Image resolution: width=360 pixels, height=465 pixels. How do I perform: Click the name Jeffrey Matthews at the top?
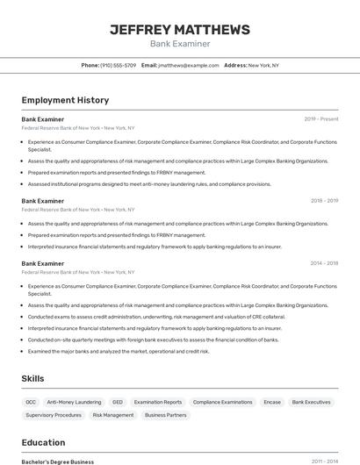coord(180,30)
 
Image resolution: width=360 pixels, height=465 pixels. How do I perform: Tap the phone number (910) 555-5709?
coord(119,65)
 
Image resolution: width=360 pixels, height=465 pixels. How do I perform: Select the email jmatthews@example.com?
coord(188,65)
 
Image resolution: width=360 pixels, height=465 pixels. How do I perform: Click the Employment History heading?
coord(65,100)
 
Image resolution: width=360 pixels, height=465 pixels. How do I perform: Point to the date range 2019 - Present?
coord(321,118)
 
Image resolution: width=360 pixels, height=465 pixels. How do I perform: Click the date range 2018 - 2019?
coord(324,201)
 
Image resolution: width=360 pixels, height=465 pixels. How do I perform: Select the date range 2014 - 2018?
coord(324,263)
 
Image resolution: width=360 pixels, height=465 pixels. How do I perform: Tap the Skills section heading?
coord(33,378)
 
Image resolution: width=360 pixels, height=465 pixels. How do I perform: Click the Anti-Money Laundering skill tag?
coord(74,402)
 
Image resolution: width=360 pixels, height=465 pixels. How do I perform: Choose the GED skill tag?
coord(118,402)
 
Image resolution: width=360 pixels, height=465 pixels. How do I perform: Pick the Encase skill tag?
coord(272,402)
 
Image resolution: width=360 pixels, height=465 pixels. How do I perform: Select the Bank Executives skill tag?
coord(312,402)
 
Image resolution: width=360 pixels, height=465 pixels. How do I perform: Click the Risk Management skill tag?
coord(113,415)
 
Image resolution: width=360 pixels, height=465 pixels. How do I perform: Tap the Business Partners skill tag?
coord(166,415)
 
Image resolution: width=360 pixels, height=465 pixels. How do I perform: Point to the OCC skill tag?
coord(32,402)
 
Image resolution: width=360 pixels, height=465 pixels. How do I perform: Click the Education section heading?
coord(43,442)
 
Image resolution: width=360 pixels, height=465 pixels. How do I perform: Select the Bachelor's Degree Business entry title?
coord(58,461)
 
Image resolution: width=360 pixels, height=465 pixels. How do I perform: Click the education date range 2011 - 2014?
coord(325,461)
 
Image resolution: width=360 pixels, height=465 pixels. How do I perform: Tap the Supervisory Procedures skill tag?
coord(54,415)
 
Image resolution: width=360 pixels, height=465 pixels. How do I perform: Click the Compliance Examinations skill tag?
coord(223,402)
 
